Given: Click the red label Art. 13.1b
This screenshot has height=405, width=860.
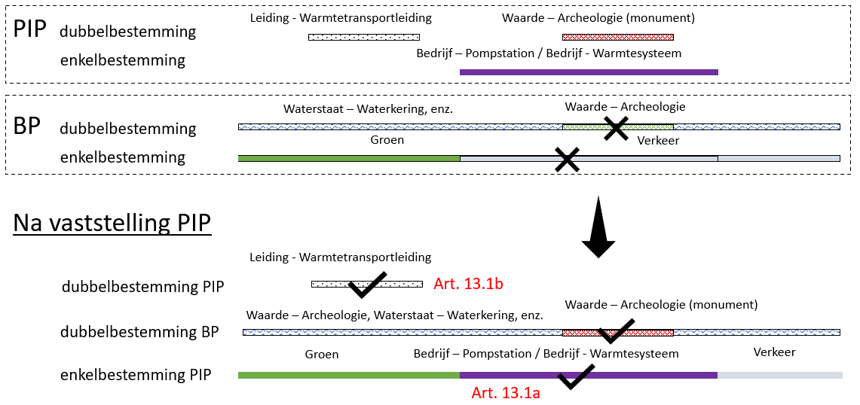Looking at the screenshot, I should pyautogui.click(x=468, y=283).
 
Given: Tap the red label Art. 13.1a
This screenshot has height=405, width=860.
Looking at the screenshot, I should pyautogui.click(x=505, y=393).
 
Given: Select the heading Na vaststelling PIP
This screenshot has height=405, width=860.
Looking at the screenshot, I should pyautogui.click(x=112, y=223).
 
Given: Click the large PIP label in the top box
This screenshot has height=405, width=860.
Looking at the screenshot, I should pyautogui.click(x=30, y=29).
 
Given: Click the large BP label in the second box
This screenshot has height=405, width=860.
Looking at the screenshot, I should pyautogui.click(x=27, y=126).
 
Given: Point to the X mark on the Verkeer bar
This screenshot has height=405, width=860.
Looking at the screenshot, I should pyautogui.click(x=566, y=160).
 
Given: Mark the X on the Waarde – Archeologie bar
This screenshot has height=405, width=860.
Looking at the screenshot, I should pyautogui.click(x=617, y=128).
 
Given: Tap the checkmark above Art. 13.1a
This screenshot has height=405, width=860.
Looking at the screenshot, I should pyautogui.click(x=575, y=376).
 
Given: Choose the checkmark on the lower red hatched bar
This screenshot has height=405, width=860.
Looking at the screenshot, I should pyautogui.click(x=616, y=331).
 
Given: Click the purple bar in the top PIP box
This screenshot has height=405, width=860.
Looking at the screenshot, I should pyautogui.click(x=589, y=72).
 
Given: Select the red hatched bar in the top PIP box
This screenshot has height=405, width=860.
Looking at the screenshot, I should pyautogui.click(x=617, y=37).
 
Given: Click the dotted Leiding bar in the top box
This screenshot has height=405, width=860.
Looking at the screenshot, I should pyautogui.click(x=364, y=37).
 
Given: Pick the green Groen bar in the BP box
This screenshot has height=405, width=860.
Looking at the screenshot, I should pyautogui.click(x=348, y=158).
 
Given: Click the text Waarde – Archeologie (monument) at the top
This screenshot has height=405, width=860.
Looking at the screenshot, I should pyautogui.click(x=598, y=17).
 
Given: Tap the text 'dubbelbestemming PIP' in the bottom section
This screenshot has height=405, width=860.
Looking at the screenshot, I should pyautogui.click(x=142, y=286).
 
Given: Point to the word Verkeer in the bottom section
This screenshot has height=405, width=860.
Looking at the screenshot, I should pyautogui.click(x=774, y=352).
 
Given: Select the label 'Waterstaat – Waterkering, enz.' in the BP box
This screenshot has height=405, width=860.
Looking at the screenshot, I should pyautogui.click(x=369, y=109).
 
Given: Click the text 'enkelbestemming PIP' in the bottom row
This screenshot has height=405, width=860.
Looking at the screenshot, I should pyautogui.click(x=136, y=375).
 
